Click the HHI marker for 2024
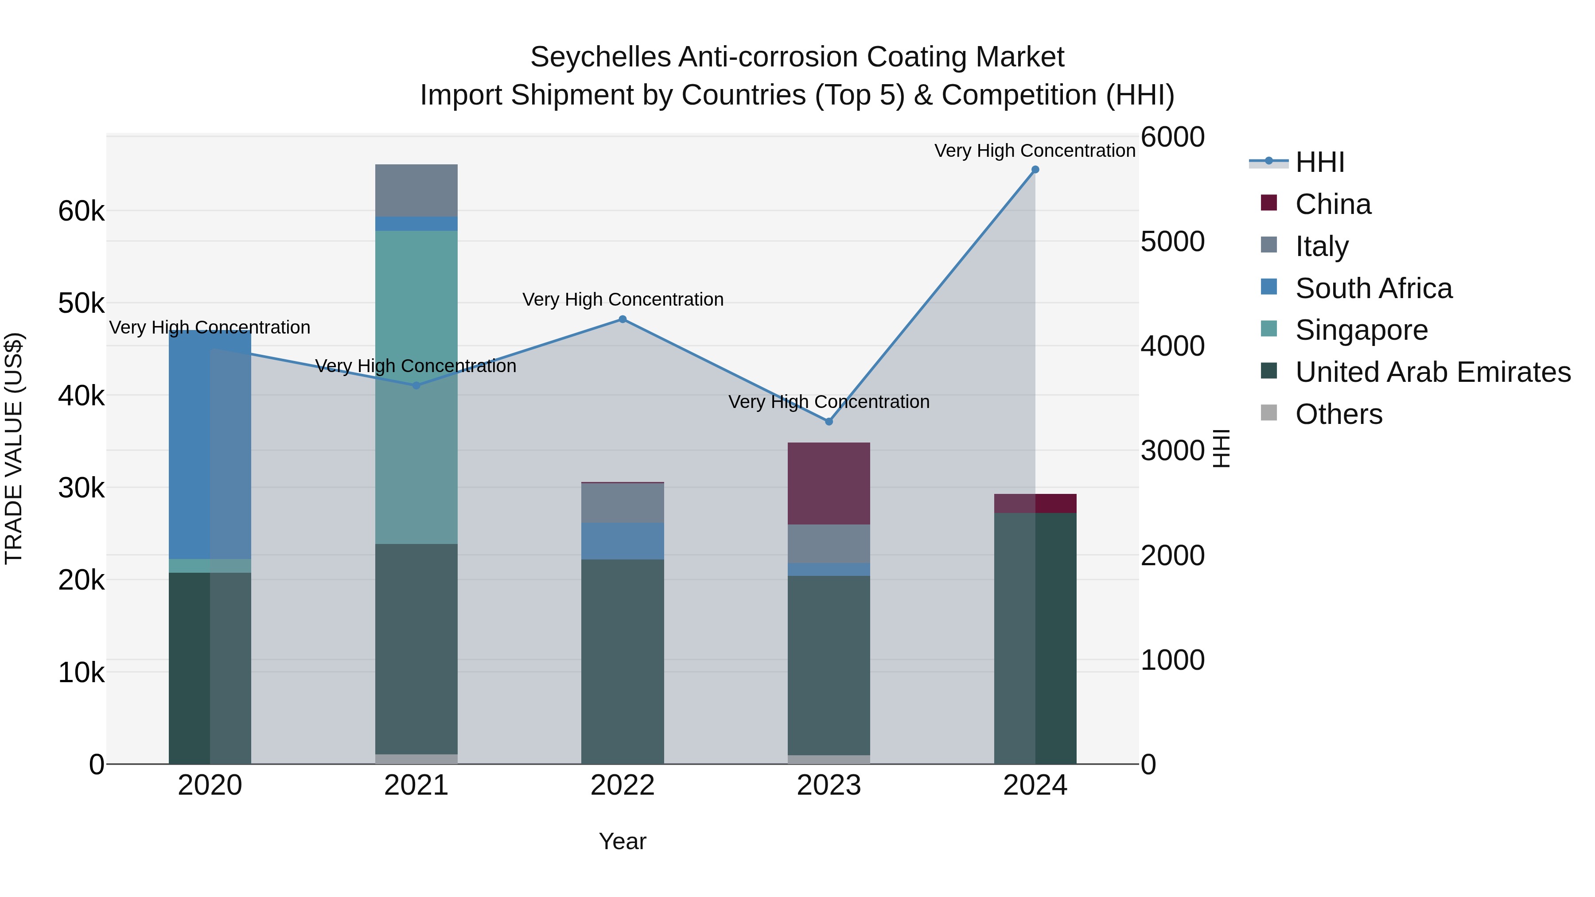1035,170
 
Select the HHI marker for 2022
622,319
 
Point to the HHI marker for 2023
829,422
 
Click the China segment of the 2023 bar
829,483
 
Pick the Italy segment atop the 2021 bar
416,190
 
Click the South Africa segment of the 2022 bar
622,540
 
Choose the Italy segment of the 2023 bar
829,544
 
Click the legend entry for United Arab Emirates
1432,372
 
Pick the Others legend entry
1338,414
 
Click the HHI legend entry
1319,162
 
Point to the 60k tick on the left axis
81,211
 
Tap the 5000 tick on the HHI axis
1172,241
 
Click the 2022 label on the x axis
622,785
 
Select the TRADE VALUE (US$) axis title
14,448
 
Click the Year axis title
622,841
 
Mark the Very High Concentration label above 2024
1035,151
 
